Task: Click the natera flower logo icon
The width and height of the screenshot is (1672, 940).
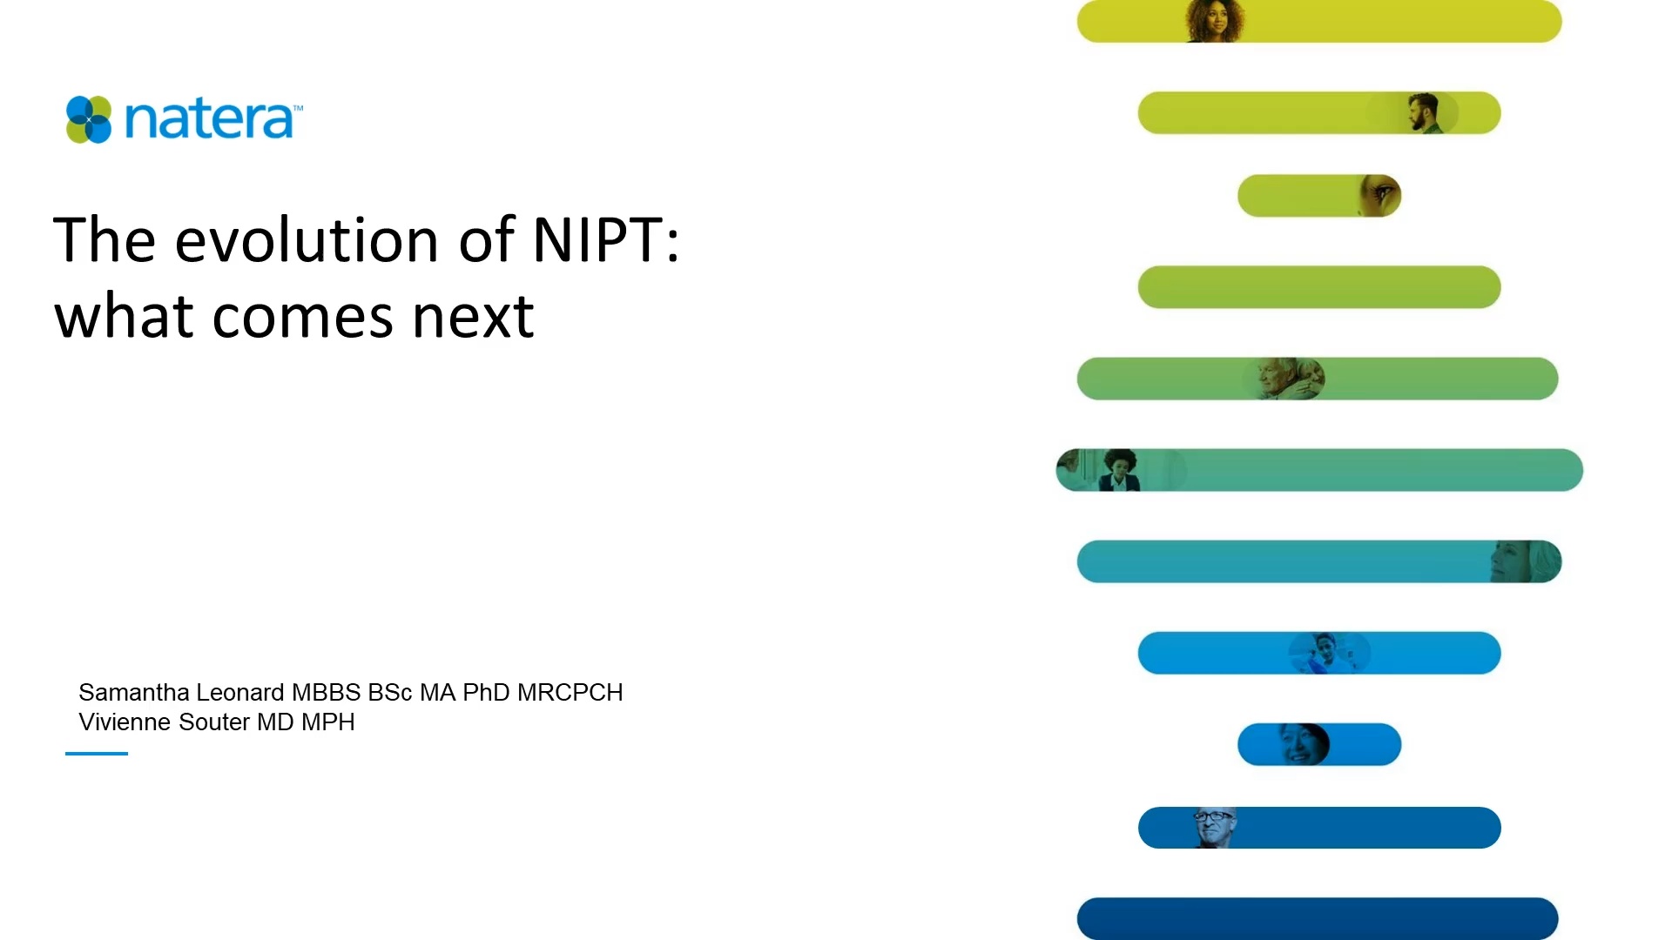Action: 89,119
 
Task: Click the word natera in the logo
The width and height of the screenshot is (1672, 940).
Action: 209,119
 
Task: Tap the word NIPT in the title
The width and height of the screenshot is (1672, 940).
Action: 597,239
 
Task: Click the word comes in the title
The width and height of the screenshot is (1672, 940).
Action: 302,317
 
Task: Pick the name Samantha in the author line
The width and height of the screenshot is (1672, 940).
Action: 133,693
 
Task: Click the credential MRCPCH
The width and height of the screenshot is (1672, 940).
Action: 570,693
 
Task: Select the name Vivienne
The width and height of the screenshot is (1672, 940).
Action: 121,722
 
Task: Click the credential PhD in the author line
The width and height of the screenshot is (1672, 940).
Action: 486,693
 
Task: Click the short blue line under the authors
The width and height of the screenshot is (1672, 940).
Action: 97,754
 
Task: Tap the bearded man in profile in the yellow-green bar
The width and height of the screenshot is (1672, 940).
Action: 1423,113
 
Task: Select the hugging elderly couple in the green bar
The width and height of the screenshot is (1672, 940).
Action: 1287,379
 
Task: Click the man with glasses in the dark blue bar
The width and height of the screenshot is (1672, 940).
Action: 1214,827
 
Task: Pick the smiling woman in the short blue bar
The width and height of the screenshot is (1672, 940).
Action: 1301,744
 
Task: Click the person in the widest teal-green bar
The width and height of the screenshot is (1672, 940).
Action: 1118,470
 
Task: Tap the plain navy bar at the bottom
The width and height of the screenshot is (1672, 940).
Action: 1317,918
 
